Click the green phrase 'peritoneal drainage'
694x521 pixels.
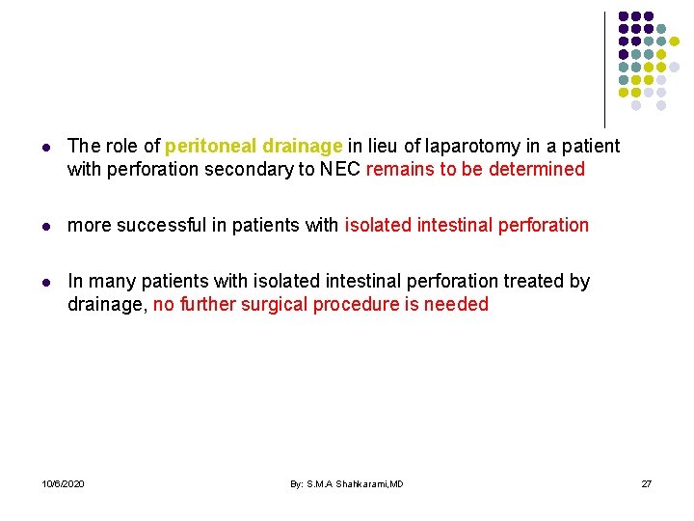click(254, 147)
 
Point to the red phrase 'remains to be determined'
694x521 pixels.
click(476, 170)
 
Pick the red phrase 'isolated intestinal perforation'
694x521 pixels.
click(467, 226)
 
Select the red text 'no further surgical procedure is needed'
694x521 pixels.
click(321, 305)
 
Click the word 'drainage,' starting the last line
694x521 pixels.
click(107, 305)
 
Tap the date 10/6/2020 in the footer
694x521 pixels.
click(64, 482)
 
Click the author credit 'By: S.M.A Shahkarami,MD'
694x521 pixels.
click(347, 482)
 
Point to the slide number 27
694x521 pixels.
click(647, 482)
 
